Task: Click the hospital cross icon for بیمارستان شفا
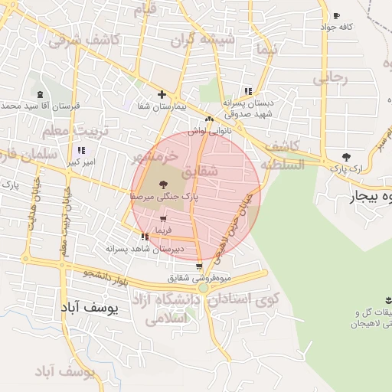(161, 95)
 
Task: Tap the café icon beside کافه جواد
(336, 16)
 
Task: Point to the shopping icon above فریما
(162, 220)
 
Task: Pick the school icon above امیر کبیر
(81, 151)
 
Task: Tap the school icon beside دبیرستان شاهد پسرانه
(145, 237)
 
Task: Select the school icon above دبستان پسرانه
(247, 90)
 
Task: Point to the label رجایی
(331, 77)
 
